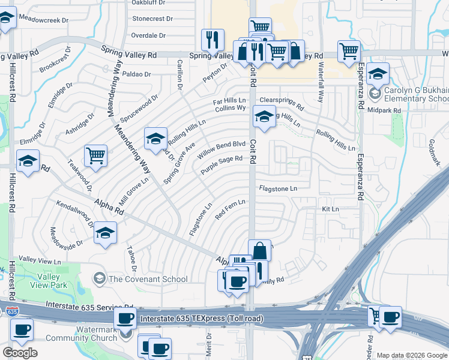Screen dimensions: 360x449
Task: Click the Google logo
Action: (x=20, y=352)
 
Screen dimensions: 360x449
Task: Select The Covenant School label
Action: (x=148, y=278)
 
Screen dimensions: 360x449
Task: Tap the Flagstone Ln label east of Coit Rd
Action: (x=278, y=188)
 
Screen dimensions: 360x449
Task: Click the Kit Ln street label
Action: (x=330, y=209)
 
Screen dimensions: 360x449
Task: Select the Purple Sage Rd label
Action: (x=221, y=165)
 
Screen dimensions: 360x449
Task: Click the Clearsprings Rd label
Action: (x=280, y=100)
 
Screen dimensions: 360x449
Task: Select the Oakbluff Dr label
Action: (x=147, y=2)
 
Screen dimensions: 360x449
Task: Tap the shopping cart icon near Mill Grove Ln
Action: (x=96, y=155)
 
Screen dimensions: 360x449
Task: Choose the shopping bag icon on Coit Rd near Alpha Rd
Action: (x=259, y=250)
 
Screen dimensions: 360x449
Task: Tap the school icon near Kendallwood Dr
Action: (x=106, y=233)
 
